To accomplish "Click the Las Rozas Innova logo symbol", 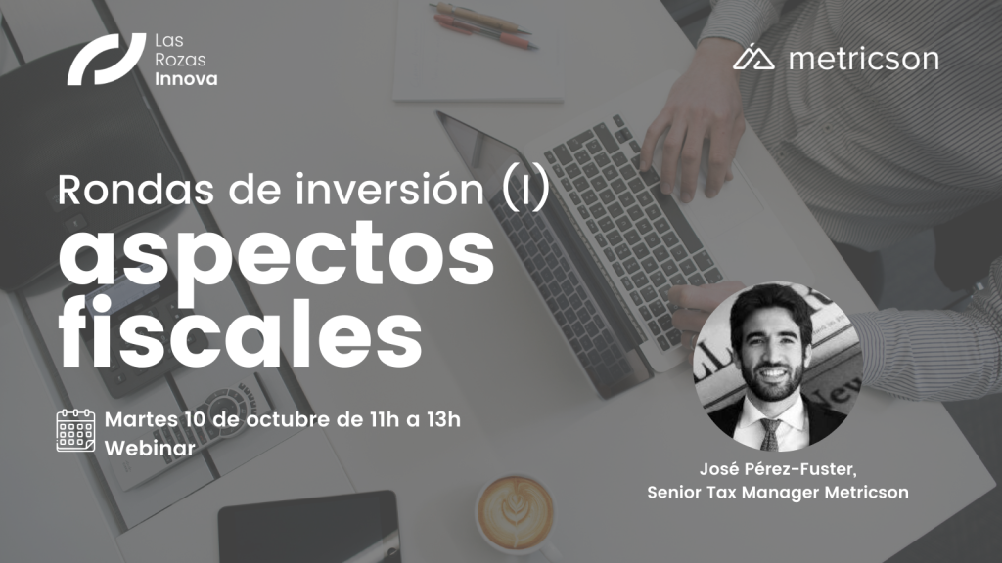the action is [x=106, y=59].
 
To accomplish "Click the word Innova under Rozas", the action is [x=186, y=79].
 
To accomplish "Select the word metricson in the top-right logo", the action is [x=864, y=59].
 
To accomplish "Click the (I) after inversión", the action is [x=525, y=190].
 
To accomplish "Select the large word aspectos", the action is [x=277, y=255].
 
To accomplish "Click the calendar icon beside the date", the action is [x=75, y=431].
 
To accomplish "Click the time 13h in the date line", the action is [x=443, y=419].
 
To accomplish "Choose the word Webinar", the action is [x=150, y=448].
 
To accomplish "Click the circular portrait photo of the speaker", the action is [x=778, y=368].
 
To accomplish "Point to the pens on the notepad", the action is [x=483, y=26].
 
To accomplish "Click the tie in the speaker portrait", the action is [x=772, y=435].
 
